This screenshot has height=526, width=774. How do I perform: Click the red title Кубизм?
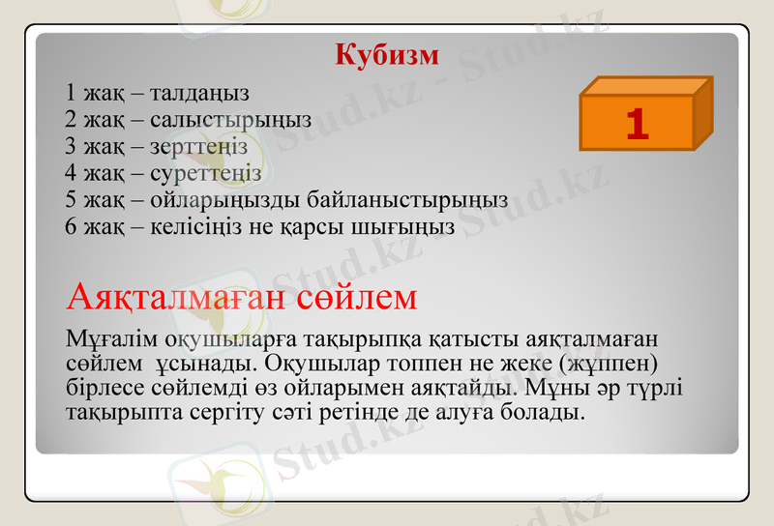click(387, 54)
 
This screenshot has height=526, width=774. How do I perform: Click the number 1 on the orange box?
click(636, 125)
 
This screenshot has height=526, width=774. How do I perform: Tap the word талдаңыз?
click(200, 93)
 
